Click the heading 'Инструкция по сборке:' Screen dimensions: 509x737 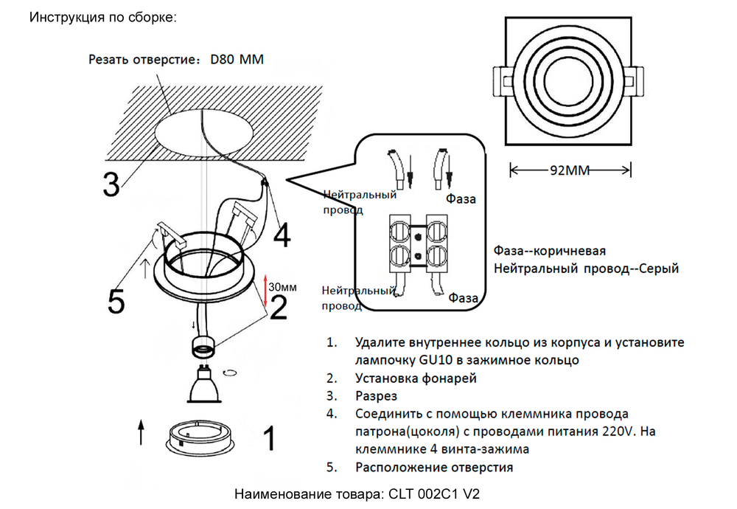pyautogui.click(x=103, y=17)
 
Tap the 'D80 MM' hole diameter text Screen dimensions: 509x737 pyautogui.click(x=237, y=60)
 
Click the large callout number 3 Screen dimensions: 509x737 pyautogui.click(x=111, y=184)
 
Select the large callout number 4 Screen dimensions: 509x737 pyautogui.click(x=282, y=236)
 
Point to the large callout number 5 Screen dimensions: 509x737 pyautogui.click(x=116, y=300)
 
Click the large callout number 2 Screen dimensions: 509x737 pyautogui.click(x=278, y=308)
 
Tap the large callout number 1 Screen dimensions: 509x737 pyautogui.click(x=269, y=439)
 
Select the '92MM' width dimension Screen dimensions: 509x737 pyautogui.click(x=570, y=171)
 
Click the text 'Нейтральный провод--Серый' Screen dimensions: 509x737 pyautogui.click(x=585, y=269)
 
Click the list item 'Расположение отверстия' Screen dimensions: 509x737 pyautogui.click(x=433, y=467)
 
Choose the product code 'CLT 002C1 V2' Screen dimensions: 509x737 pyautogui.click(x=437, y=494)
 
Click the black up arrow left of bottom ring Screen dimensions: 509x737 pyautogui.click(x=141, y=432)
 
